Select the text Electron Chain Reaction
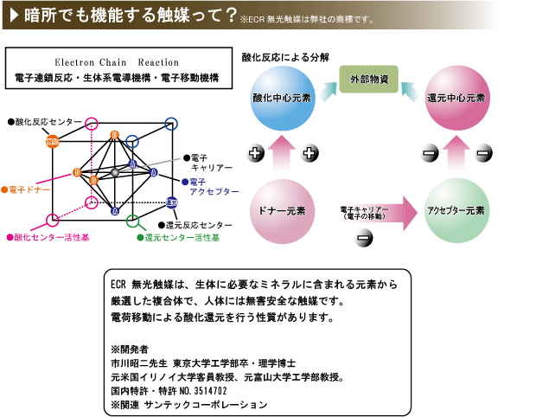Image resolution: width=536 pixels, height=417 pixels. click(x=117, y=63)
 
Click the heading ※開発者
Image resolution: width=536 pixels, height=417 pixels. click(x=125, y=350)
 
